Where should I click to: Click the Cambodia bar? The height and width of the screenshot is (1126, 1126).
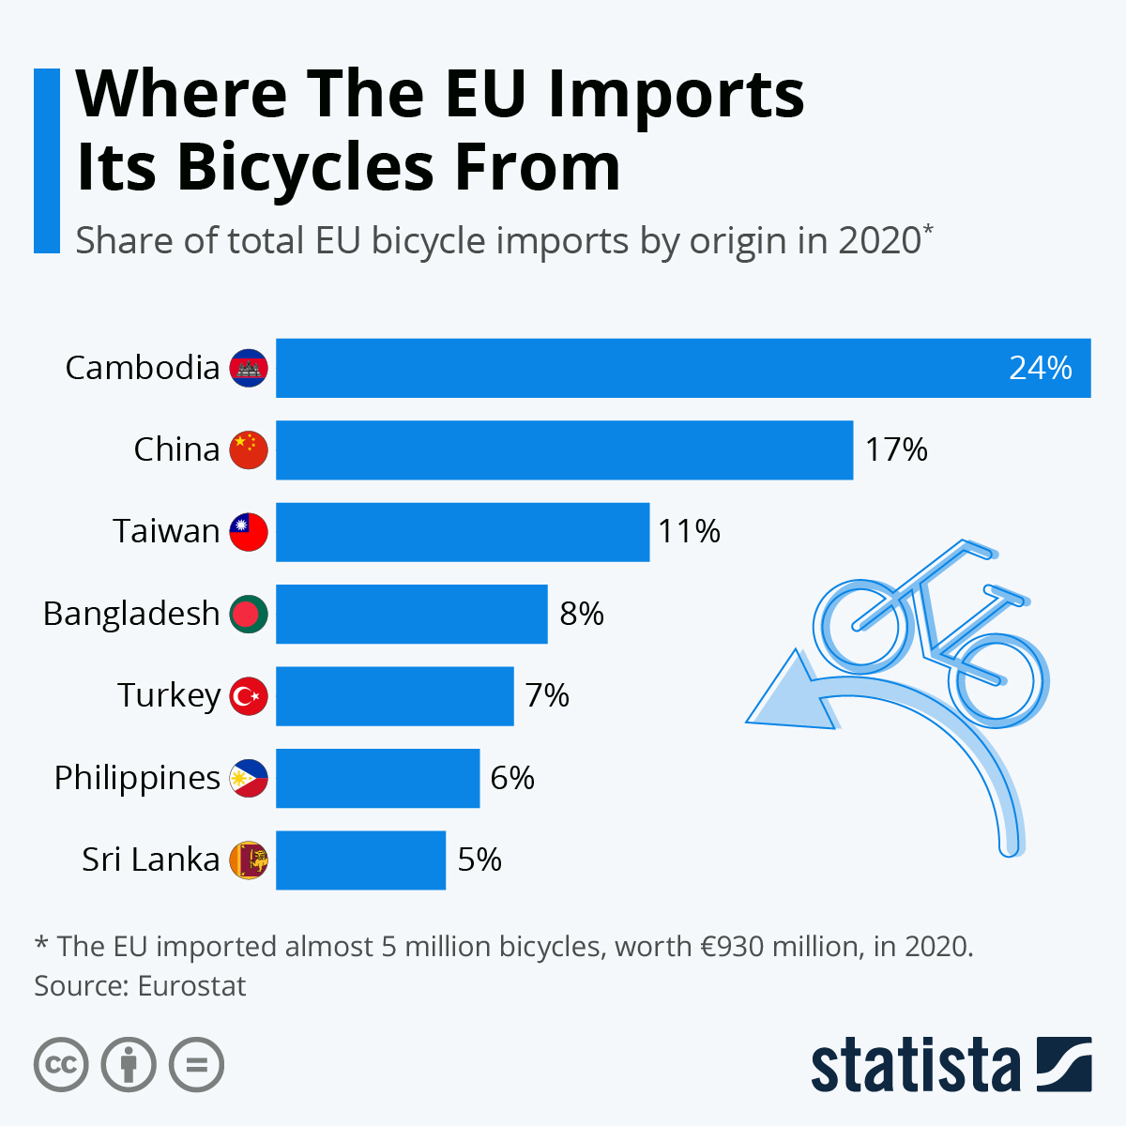click(657, 368)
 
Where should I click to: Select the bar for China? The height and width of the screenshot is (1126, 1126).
click(563, 450)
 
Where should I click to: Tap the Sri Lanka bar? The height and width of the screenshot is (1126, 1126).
click(360, 860)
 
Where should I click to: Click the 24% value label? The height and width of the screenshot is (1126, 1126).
click(1040, 368)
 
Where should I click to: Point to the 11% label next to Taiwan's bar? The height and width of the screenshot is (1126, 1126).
click(689, 532)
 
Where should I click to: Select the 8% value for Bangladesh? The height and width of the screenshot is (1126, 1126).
click(582, 614)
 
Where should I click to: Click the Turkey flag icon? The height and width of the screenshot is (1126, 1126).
click(249, 696)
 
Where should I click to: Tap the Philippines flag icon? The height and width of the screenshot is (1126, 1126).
click(249, 778)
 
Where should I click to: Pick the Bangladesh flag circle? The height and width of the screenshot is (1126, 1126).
click(249, 614)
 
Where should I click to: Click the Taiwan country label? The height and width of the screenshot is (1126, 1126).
click(166, 532)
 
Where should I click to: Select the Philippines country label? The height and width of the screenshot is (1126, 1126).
click(137, 778)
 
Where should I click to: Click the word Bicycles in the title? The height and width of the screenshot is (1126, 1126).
click(305, 167)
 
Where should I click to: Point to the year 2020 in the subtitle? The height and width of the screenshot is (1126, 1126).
click(879, 241)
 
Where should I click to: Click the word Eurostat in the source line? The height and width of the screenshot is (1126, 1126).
click(191, 986)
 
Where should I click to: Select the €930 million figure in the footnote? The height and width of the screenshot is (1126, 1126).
click(779, 946)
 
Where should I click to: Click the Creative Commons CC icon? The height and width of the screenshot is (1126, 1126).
click(61, 1065)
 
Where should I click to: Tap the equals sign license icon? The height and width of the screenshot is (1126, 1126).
click(196, 1065)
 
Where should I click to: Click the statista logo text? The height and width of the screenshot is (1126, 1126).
click(915, 1065)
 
